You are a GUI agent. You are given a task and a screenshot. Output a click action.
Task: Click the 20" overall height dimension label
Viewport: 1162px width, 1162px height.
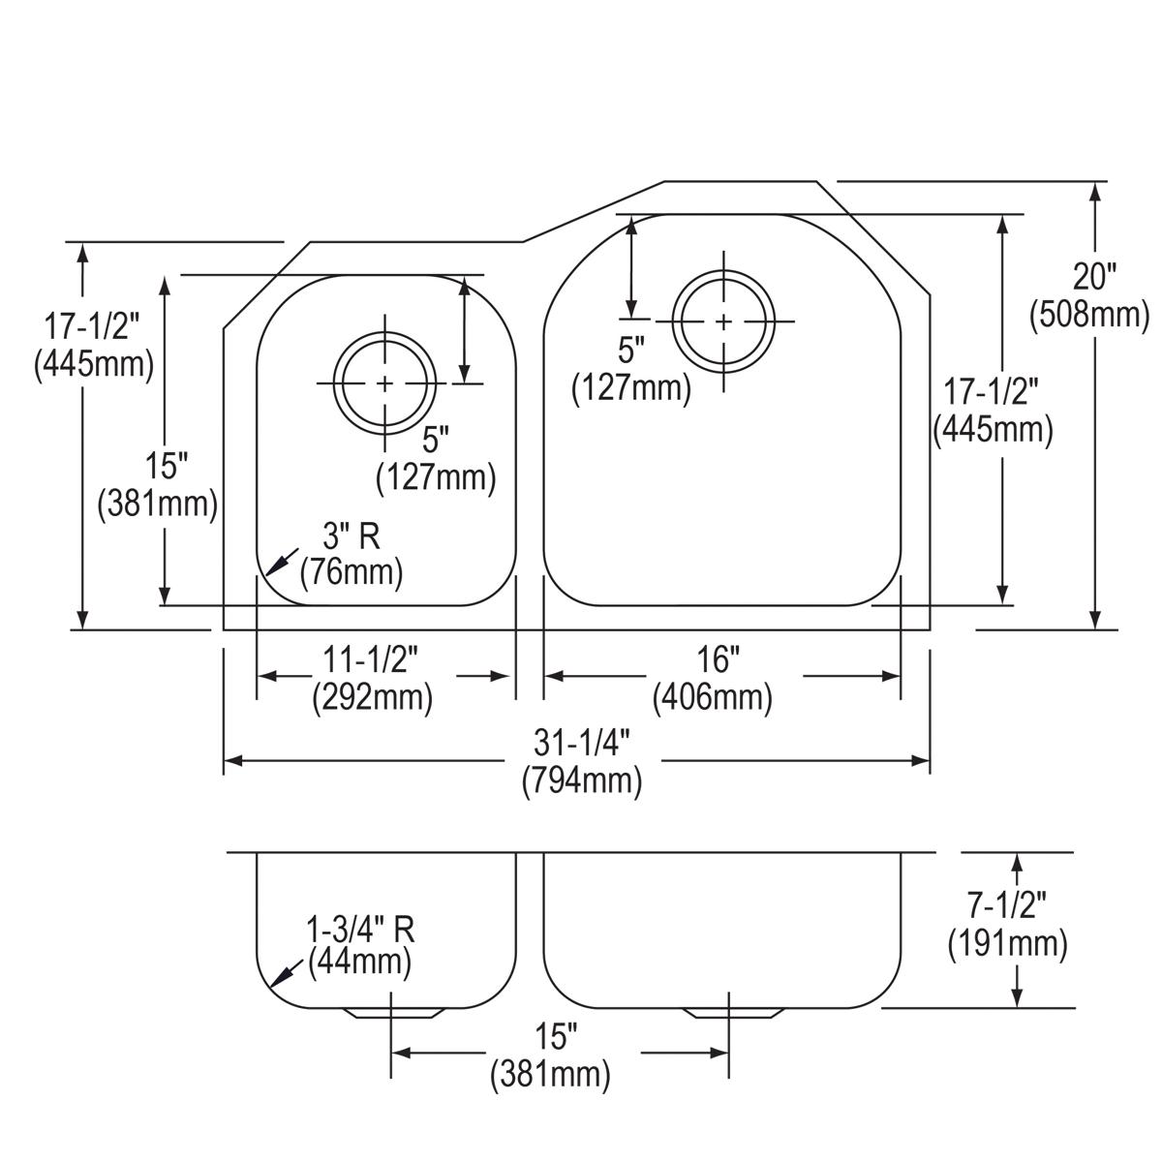pos(1094,277)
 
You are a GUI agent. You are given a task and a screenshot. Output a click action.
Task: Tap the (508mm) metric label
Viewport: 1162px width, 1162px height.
pos(1089,314)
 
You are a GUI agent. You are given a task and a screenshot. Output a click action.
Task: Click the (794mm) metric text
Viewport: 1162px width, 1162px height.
pos(581,780)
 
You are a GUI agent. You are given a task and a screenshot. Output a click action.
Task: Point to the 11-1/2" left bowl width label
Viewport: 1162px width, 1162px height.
pos(371,660)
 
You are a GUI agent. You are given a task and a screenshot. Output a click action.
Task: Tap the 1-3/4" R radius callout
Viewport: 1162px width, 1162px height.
pos(360,930)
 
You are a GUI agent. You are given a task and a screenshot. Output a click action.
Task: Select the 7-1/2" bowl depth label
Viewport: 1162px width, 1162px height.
pos(1008,906)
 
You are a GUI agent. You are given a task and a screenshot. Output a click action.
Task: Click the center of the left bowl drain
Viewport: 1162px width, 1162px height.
pos(385,383)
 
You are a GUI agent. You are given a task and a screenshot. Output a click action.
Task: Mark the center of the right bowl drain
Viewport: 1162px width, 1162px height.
pos(723,321)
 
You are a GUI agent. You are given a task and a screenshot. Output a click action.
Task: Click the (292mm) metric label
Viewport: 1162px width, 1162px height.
pos(372,697)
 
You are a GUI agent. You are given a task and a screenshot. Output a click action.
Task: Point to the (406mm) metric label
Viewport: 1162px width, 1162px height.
pos(713,697)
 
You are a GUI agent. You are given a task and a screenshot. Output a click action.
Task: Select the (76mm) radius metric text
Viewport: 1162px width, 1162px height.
pos(351,571)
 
